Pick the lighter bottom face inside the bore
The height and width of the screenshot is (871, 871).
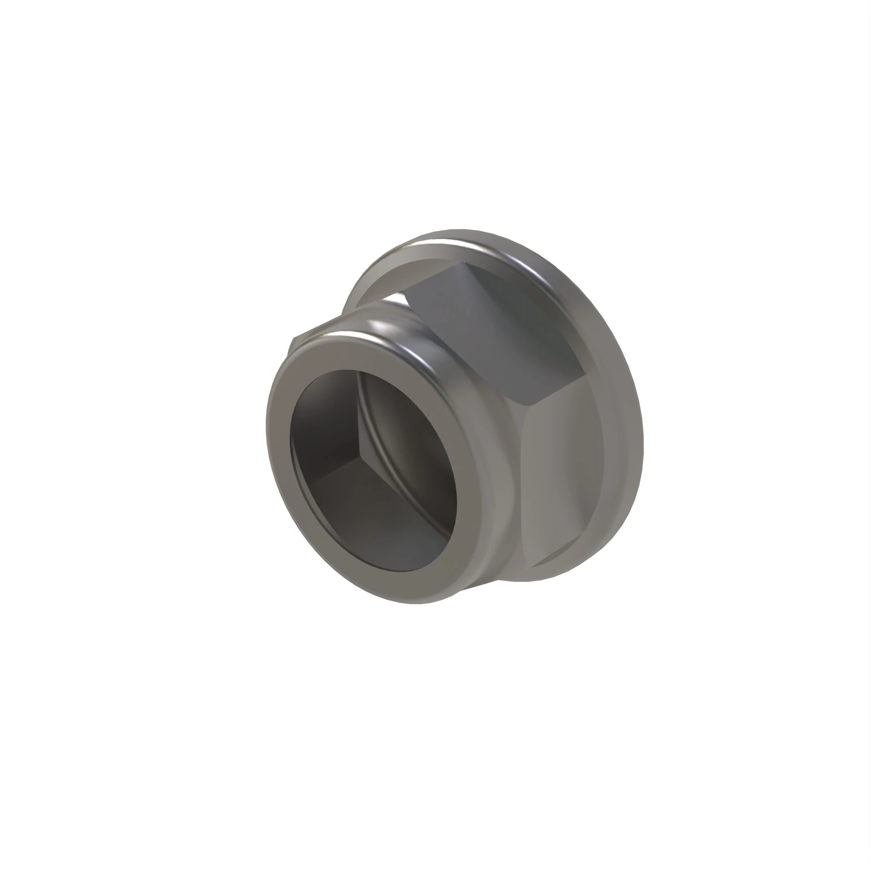383,532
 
